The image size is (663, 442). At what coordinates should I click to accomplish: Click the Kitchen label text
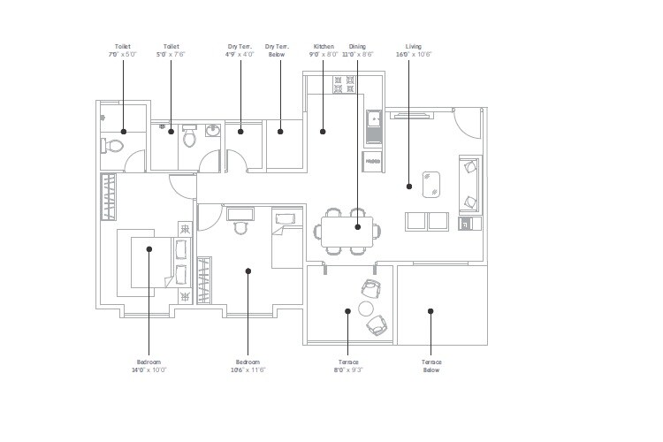click(323, 46)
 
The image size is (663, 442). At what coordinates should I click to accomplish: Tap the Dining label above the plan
click(357, 46)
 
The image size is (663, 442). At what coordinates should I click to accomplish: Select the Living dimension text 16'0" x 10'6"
click(414, 55)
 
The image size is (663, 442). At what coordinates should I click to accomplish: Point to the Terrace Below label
click(431, 366)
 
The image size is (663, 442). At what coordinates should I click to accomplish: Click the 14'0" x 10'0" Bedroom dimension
click(149, 370)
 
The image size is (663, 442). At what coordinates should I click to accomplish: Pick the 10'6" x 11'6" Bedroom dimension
click(248, 370)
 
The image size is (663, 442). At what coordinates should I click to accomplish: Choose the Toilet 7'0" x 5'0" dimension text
click(122, 55)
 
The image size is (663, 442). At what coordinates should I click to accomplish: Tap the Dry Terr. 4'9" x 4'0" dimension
click(240, 55)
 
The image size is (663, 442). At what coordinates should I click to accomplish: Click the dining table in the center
click(347, 232)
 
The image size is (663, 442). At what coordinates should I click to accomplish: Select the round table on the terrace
click(366, 309)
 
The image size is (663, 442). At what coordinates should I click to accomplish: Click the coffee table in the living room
click(433, 184)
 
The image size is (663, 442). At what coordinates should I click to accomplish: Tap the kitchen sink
click(374, 119)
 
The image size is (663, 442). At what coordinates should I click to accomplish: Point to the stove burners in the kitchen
click(344, 85)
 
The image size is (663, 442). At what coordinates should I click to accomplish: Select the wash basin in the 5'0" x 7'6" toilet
click(212, 132)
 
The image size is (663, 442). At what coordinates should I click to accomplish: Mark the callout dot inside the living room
click(409, 186)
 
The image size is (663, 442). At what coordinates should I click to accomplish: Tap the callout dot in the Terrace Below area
click(431, 310)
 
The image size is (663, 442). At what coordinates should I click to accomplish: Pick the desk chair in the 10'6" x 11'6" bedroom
click(240, 227)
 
